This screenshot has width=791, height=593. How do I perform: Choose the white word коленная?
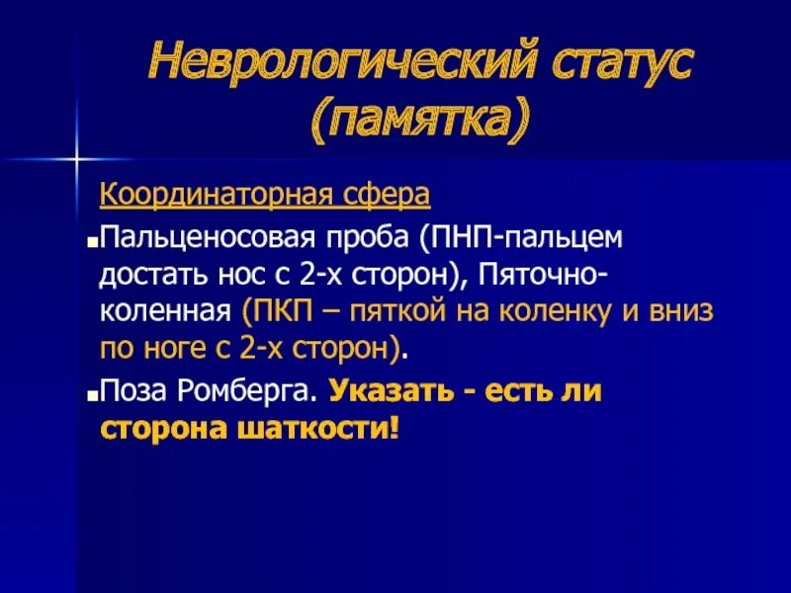tap(165, 311)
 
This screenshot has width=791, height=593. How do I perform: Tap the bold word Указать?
tap(385, 391)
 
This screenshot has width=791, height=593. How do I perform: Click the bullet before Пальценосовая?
tap(91, 241)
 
